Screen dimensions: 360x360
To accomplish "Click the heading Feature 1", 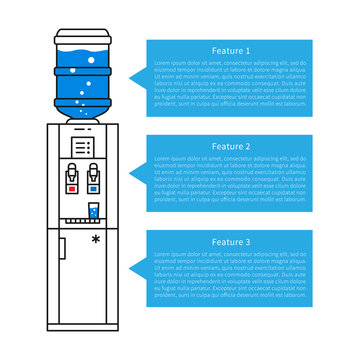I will (x=232, y=50).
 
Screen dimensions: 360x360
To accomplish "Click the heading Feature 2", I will (x=232, y=146).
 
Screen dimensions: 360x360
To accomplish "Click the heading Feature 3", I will (x=232, y=242).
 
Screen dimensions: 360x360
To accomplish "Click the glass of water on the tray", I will (x=93, y=211).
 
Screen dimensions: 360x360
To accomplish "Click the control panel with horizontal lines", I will (x=83, y=146).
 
